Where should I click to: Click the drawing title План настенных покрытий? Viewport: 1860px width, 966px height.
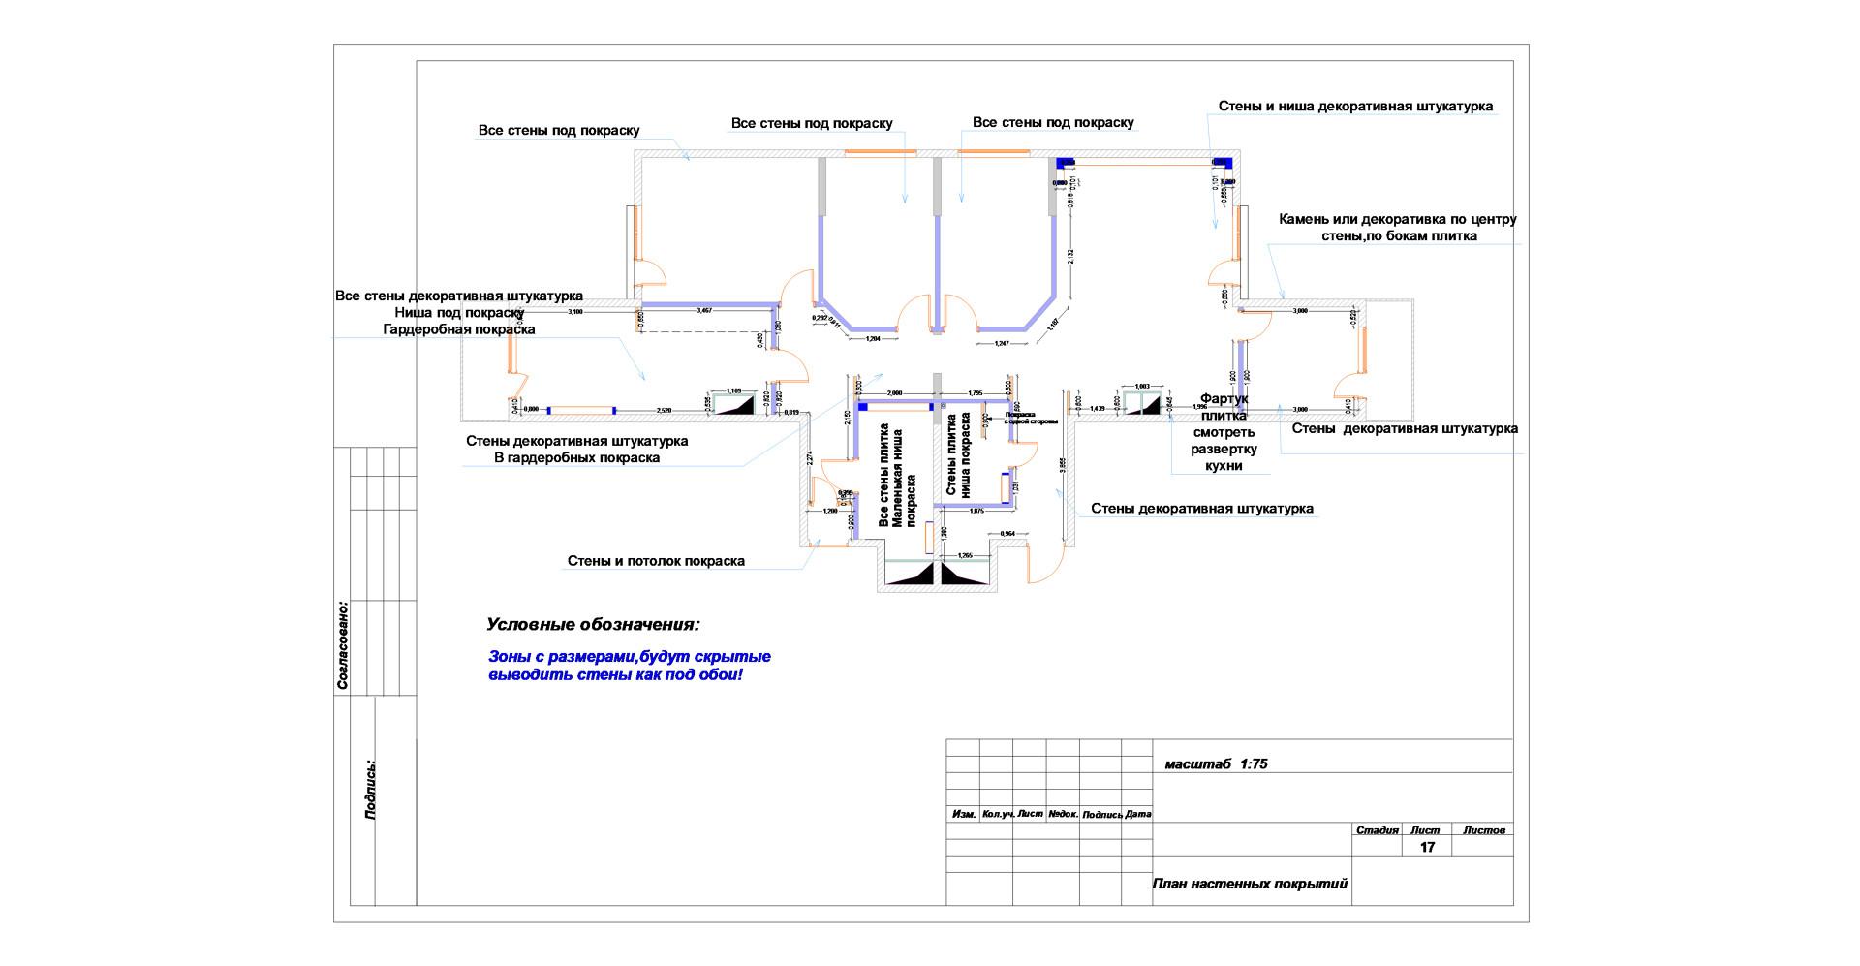1250,884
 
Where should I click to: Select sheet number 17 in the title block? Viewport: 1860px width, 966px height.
1427,848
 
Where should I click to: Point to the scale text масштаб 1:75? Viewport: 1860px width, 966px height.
1216,764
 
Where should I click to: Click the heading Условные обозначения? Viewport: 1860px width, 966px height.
593,625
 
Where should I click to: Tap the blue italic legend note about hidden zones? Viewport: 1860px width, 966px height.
629,666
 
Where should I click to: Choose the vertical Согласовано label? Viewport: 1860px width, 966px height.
343,645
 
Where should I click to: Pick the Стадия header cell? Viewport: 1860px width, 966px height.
1377,830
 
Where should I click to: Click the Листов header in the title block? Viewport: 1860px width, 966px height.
1483,830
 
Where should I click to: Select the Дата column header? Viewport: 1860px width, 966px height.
1138,814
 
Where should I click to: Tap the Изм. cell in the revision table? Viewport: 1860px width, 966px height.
963,814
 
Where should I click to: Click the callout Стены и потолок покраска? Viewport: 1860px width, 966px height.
656,561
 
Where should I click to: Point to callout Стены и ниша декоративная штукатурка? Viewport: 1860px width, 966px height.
1355,107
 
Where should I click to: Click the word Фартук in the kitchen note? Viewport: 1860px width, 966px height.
1224,399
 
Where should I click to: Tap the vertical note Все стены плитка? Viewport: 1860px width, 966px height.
883,475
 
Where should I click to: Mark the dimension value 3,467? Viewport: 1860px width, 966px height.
704,311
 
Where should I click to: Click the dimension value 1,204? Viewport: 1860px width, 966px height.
873,339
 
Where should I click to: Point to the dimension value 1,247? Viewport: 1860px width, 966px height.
1002,344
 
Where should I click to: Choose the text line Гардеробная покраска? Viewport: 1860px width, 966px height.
459,329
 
